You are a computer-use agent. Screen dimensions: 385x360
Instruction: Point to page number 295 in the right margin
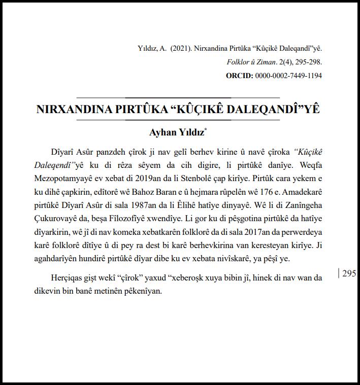tap(349, 273)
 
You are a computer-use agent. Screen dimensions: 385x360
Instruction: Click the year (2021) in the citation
tap(181, 49)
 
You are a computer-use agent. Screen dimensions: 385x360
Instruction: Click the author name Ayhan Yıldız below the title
tap(176, 132)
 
